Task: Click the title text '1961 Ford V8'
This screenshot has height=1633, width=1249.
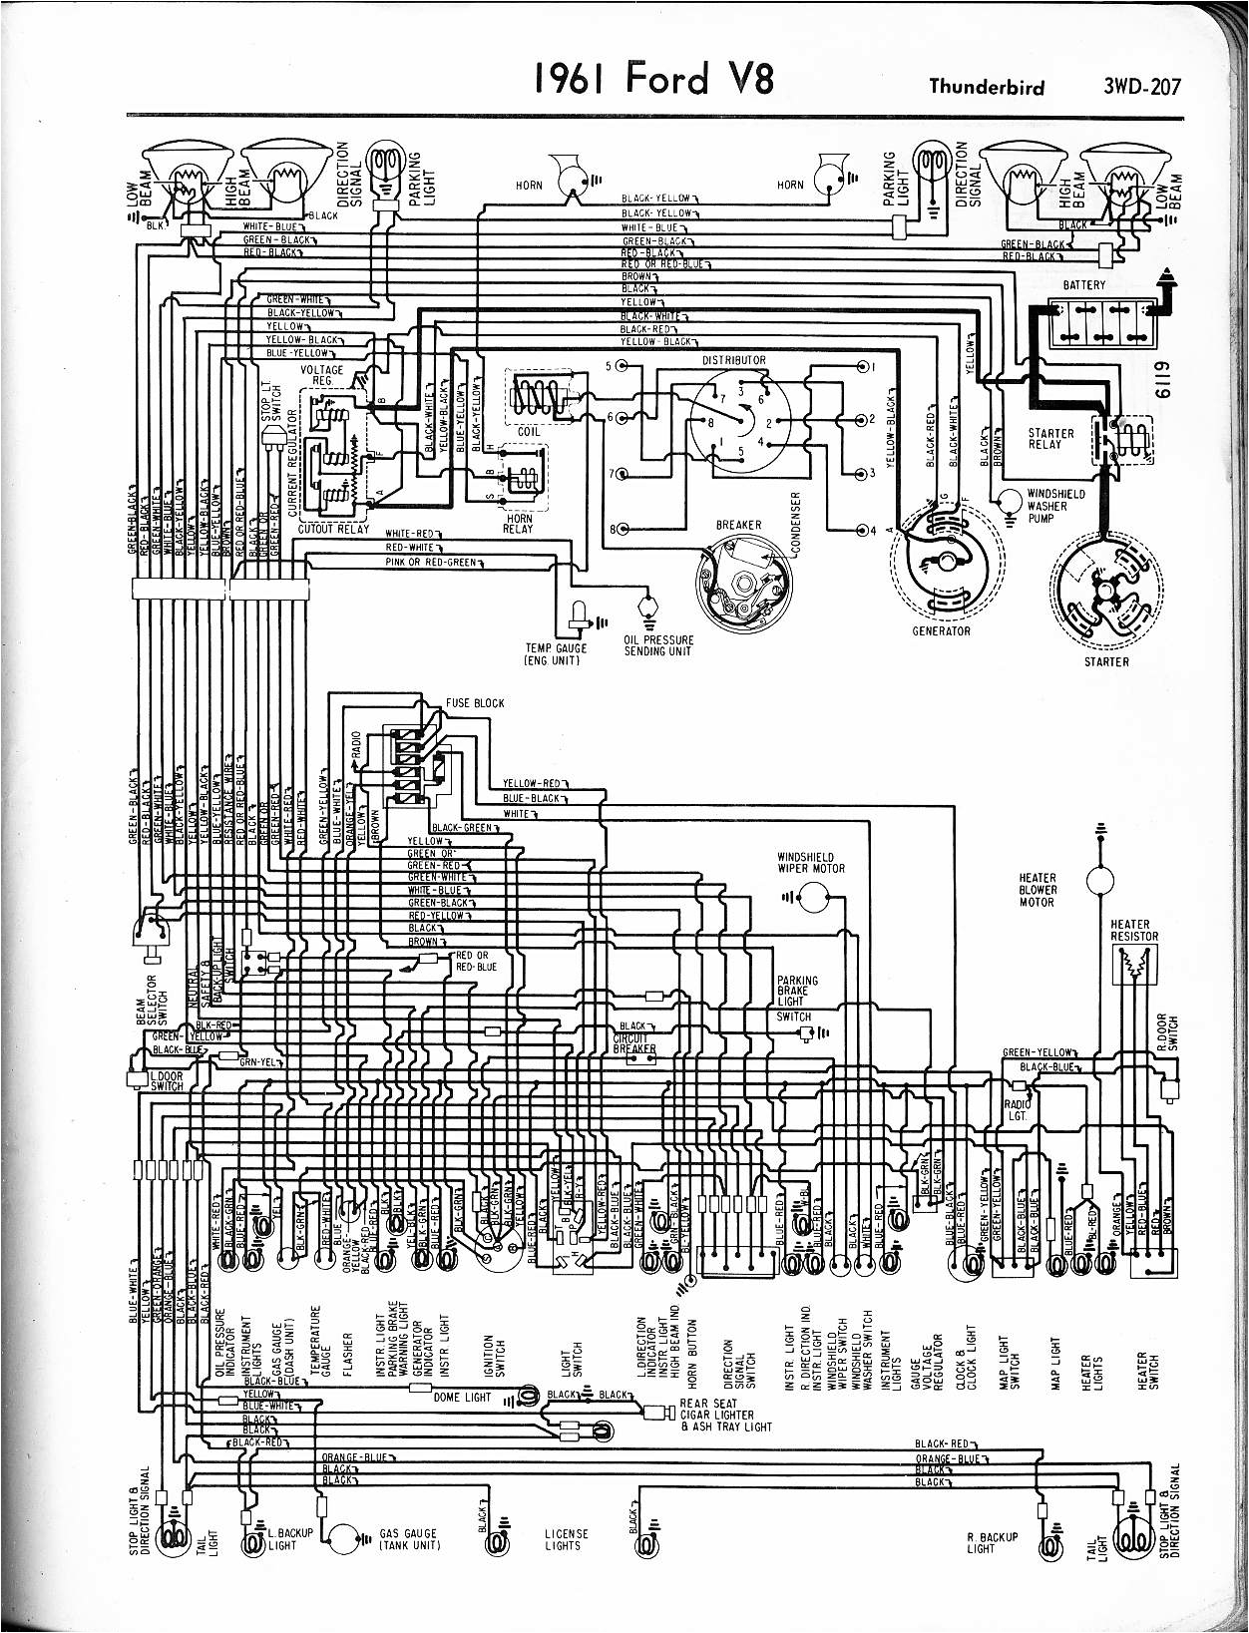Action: click(x=653, y=79)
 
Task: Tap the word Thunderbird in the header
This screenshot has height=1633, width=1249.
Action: click(x=986, y=87)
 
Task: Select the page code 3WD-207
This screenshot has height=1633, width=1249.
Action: click(x=1141, y=87)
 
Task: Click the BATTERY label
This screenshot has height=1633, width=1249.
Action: click(x=1084, y=285)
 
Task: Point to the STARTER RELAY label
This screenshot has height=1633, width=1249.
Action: click(x=1051, y=439)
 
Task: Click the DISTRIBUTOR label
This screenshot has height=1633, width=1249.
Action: click(x=733, y=360)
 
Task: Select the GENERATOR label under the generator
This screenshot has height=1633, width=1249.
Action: click(x=941, y=630)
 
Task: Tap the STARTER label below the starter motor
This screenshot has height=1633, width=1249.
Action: click(x=1106, y=661)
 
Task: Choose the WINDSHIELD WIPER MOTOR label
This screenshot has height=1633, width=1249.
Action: click(x=811, y=863)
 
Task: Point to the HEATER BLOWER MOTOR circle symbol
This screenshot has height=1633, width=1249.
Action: click(x=1101, y=879)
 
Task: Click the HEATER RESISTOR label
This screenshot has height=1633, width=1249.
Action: click(x=1134, y=930)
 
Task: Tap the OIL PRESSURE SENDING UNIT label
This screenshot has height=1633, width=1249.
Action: click(x=658, y=645)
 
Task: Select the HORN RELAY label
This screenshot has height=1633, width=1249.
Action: click(x=519, y=524)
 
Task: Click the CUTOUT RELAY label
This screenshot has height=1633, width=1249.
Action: click(x=333, y=529)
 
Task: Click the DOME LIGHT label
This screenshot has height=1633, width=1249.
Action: click(x=462, y=1398)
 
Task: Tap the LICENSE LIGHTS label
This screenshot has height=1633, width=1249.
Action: click(x=566, y=1539)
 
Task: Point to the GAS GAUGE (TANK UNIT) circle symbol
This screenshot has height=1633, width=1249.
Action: click(x=346, y=1538)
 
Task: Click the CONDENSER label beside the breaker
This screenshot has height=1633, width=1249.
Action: click(x=796, y=525)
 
